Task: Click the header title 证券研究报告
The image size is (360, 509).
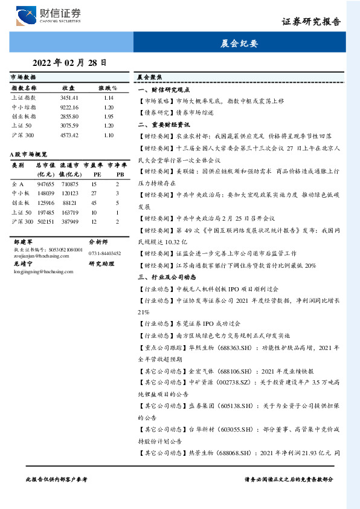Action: (x=310, y=22)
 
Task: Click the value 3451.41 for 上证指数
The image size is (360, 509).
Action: (x=69, y=97)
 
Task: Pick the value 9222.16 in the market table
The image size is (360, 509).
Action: (x=69, y=106)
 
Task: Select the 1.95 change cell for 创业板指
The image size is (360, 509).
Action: (x=109, y=115)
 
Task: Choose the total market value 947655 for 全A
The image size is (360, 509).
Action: (x=45, y=183)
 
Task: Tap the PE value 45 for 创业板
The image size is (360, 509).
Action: (x=94, y=203)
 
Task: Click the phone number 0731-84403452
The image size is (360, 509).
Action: (x=104, y=253)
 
